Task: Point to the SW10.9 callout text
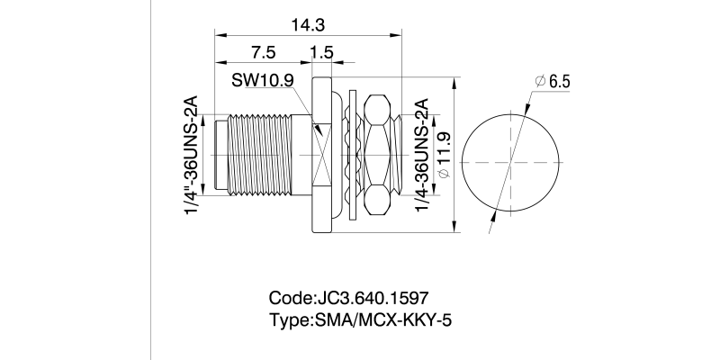[263, 80]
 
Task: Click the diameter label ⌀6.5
[553, 82]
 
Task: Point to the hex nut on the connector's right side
[381, 154]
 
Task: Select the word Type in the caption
[288, 320]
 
